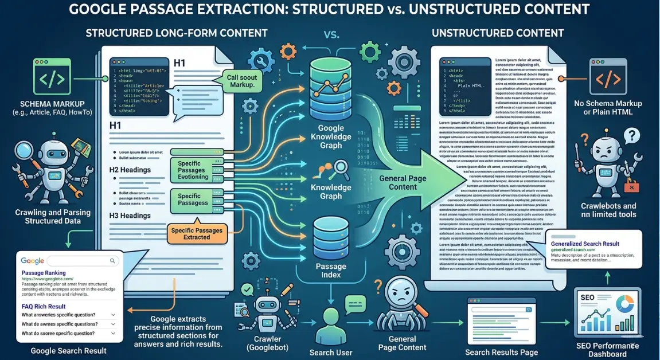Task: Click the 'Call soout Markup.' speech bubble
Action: pos(236,81)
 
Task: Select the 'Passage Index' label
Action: pos(331,270)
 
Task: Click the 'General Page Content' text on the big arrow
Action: pos(403,182)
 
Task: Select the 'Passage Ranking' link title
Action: pos(43,273)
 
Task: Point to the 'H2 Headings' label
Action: pos(130,170)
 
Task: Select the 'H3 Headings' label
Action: pos(130,216)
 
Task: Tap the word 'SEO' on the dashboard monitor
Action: pos(588,298)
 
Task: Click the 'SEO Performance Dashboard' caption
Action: pos(608,350)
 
